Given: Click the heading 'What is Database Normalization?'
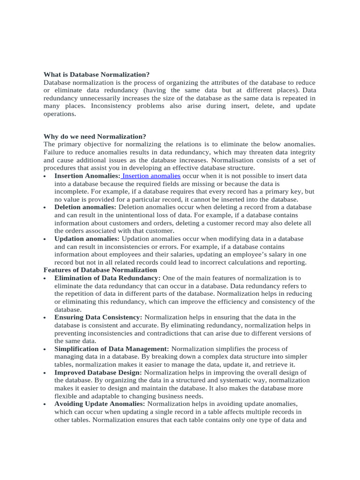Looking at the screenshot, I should [x=97, y=75].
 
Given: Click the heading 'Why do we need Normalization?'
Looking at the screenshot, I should [x=95, y=136].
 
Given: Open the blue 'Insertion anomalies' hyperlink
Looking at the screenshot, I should [x=151, y=176].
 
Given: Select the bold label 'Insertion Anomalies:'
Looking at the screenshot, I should [x=87, y=176].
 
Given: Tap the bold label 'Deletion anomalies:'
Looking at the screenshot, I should [x=85, y=207].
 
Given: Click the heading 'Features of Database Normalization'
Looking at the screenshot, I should [x=100, y=270].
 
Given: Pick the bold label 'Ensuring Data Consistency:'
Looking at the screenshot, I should [x=98, y=317].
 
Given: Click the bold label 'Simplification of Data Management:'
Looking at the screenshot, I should [x=112, y=349].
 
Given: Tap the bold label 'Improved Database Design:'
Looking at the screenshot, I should [x=98, y=372].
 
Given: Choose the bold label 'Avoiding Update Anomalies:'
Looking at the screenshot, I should [x=100, y=404].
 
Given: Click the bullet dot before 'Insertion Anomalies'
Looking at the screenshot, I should [x=45, y=177].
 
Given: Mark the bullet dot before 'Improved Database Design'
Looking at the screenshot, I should [x=45, y=373].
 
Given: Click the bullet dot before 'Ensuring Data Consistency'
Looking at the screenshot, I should [x=45, y=318].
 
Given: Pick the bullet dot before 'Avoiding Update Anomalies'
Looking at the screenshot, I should [x=45, y=405].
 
